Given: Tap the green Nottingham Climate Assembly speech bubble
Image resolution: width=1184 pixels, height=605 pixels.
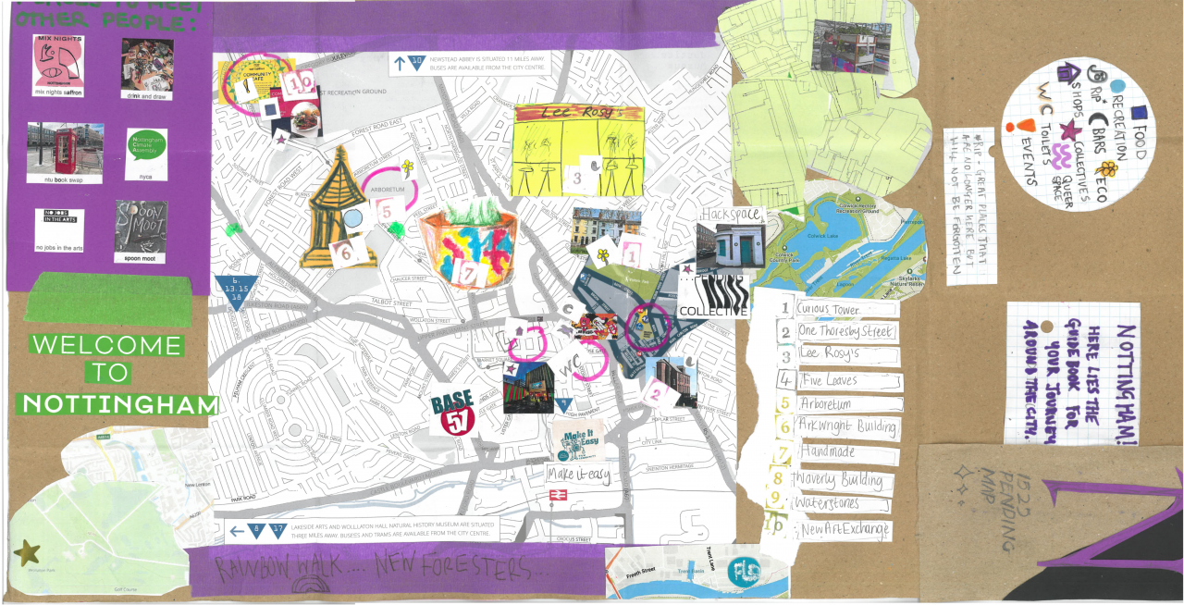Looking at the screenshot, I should point(145,147).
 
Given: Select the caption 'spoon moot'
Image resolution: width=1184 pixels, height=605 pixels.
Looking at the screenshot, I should point(141,258).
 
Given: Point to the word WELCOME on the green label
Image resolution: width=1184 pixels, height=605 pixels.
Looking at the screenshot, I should point(107,345).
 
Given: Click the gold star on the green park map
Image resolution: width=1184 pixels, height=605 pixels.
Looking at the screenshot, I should point(27,553).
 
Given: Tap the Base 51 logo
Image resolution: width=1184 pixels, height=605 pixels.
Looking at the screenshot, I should point(452,412).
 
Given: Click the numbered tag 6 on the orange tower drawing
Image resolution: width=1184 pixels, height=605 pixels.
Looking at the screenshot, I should point(343,251).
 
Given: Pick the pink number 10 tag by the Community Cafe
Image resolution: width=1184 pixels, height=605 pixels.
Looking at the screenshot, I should point(300,84).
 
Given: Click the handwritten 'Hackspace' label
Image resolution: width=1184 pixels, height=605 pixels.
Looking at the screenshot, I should point(732,215).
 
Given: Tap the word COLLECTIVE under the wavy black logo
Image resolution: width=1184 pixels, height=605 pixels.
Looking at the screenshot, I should point(712,312).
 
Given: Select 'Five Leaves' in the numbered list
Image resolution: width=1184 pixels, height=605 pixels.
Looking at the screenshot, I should point(829,380).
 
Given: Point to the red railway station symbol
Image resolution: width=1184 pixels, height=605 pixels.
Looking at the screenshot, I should point(555,495).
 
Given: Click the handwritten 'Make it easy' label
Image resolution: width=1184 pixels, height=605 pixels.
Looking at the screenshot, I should point(579,475).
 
